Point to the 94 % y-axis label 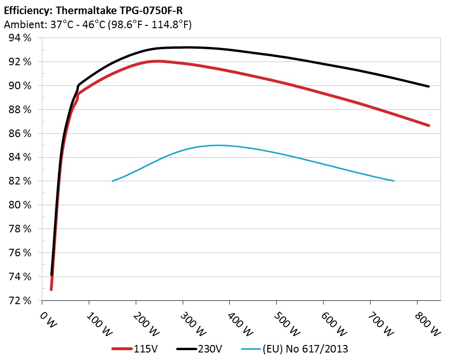pos(20,38)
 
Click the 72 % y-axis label pos(20,300)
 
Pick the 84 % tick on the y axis pos(20,157)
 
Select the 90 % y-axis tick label pos(20,86)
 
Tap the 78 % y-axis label pos(20,229)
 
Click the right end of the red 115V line pos(429,126)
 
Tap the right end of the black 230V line pos(429,86)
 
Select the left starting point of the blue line pos(113,181)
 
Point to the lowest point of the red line pos(51,289)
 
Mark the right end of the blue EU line pos(394,181)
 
